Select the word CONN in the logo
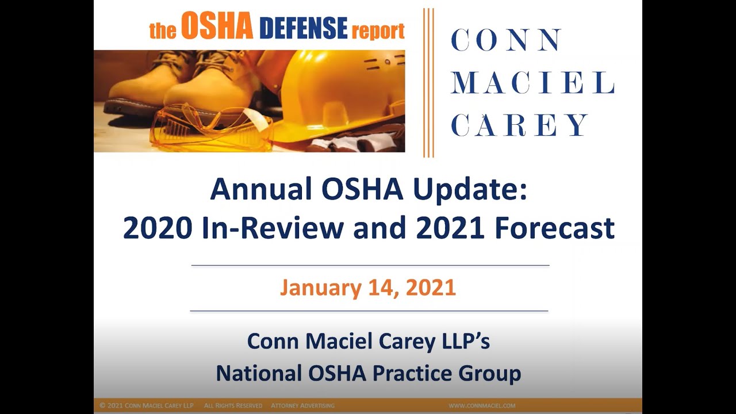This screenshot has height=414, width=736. click(x=506, y=40)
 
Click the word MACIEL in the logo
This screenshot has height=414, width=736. click(x=532, y=83)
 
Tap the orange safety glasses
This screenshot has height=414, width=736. click(x=210, y=128)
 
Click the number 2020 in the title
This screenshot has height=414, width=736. click(x=157, y=228)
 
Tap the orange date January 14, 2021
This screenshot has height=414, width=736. click(x=368, y=287)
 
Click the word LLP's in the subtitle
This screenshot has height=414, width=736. click(x=463, y=341)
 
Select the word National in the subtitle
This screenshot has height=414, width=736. click(x=258, y=373)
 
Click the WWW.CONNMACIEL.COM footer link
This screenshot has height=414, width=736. click(x=482, y=406)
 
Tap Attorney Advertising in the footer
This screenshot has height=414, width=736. click(x=302, y=406)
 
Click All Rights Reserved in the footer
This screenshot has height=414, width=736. click(x=233, y=406)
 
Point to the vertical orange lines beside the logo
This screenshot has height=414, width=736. click(x=428, y=83)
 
